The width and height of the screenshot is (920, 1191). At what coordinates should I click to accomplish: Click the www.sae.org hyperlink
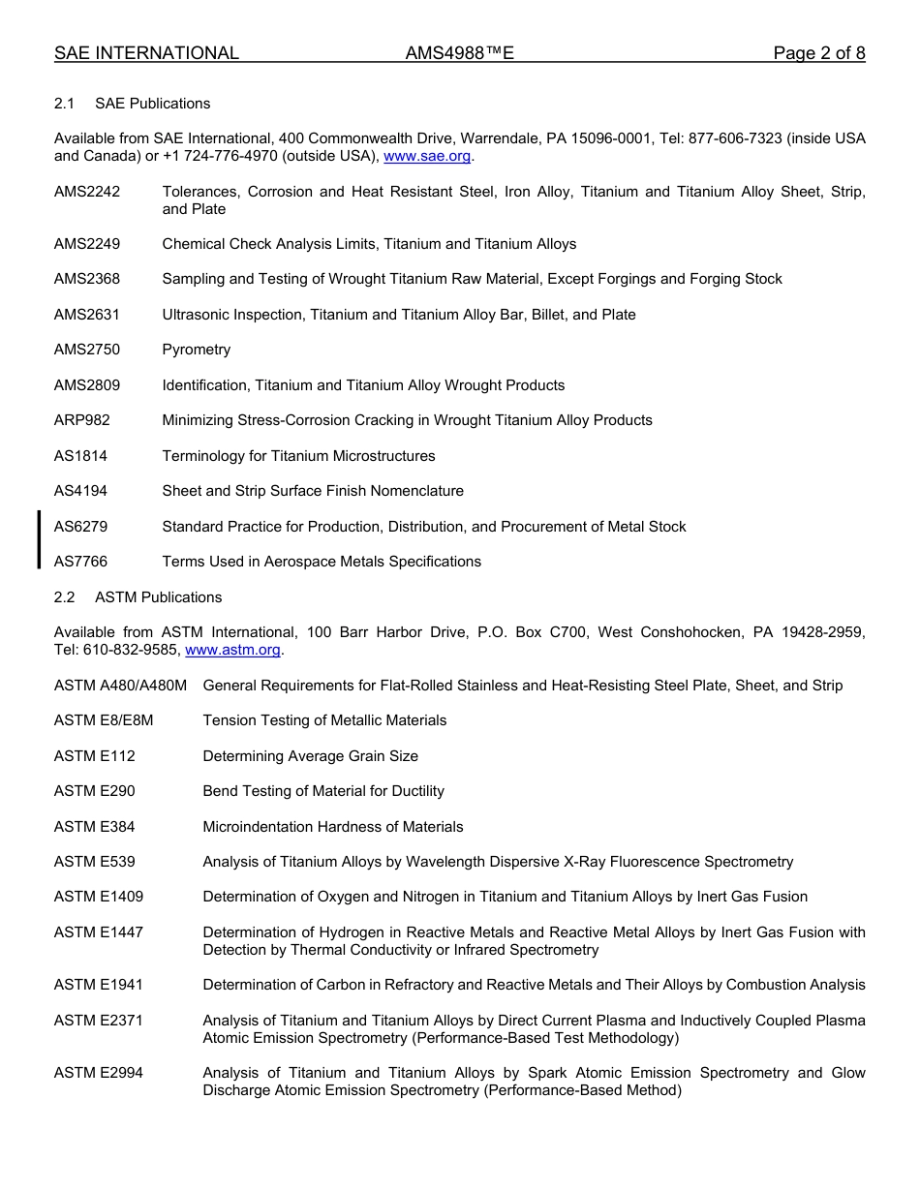click(x=428, y=156)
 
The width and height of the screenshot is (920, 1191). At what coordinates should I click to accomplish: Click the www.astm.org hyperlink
click(x=232, y=650)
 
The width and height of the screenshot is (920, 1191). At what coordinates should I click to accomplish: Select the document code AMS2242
click(x=87, y=192)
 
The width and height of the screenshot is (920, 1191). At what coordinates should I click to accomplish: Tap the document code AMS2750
click(x=87, y=350)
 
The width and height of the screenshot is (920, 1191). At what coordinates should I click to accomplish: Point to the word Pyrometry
click(x=197, y=350)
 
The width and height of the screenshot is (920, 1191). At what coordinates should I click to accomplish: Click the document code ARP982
click(x=82, y=420)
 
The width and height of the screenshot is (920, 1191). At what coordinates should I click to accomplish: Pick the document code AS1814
click(x=81, y=456)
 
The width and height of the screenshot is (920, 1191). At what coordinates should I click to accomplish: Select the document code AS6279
click(x=81, y=527)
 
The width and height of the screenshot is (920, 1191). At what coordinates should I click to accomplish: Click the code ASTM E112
click(x=95, y=756)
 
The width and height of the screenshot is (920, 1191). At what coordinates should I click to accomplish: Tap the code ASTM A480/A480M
click(x=120, y=686)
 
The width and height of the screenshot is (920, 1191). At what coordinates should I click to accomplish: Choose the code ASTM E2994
click(x=99, y=1073)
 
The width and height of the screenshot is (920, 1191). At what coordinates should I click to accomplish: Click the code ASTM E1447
click(x=99, y=932)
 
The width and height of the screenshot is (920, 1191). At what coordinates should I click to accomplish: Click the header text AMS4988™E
click(x=459, y=53)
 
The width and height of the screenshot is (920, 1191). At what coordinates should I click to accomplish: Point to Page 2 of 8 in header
click(x=818, y=53)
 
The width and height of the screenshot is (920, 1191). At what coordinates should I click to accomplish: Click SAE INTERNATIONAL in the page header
click(x=146, y=53)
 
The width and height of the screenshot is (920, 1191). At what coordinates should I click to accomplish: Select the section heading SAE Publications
click(x=152, y=104)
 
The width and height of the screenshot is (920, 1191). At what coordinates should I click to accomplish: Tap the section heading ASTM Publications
click(x=158, y=597)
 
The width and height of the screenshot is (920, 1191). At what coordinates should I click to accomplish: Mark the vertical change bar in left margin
click(x=39, y=539)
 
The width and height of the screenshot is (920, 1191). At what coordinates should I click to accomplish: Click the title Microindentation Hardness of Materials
click(x=332, y=827)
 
